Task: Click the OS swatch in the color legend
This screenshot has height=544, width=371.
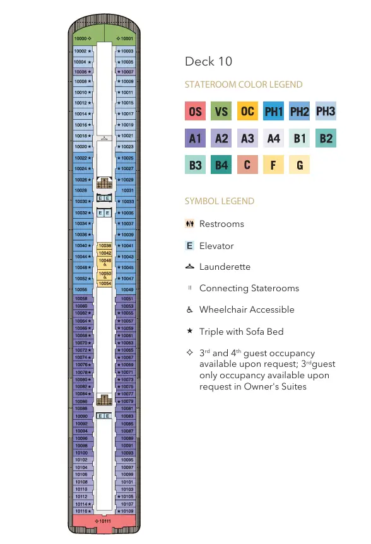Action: tap(196, 112)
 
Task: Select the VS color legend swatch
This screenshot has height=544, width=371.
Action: tap(221, 112)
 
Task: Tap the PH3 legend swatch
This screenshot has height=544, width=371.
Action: tap(326, 112)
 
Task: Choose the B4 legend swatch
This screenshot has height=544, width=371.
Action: tap(221, 165)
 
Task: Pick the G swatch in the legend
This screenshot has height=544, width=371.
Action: tap(300, 165)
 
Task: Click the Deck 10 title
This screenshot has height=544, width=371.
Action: tap(208, 61)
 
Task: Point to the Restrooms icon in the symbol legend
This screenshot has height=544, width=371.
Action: tap(189, 224)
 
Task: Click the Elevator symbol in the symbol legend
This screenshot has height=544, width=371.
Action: tap(189, 246)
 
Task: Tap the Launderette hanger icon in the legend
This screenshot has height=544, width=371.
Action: tap(189, 267)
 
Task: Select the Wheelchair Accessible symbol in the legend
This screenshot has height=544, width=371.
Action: tap(189, 310)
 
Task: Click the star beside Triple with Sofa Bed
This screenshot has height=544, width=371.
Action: tap(189, 332)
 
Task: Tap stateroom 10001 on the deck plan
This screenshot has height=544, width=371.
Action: tap(125, 38)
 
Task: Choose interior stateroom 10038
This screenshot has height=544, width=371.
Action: tap(105, 246)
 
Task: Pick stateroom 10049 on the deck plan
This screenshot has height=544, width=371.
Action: tap(127, 289)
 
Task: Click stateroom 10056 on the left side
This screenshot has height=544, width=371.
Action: tap(81, 289)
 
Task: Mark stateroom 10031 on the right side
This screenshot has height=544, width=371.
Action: tap(127, 190)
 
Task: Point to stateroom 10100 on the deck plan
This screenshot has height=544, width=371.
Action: tap(81, 453)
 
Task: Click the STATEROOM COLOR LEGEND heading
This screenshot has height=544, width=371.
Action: tap(243, 84)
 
